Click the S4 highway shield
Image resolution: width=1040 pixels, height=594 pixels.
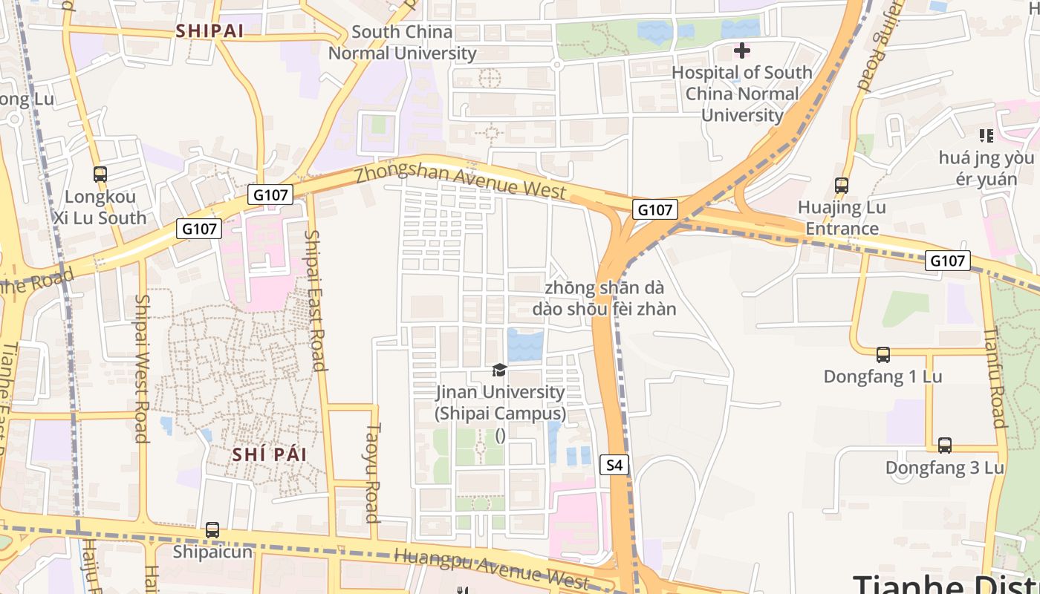tap(614, 466)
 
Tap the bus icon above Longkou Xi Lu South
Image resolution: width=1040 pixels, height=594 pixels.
tap(100, 174)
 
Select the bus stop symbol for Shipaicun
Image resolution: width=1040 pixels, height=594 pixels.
tap(212, 530)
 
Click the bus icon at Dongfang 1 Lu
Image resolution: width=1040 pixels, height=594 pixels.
tap(883, 355)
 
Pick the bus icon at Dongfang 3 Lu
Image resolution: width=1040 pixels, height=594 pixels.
tap(944, 446)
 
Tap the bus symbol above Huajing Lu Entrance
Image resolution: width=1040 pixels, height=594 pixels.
tap(842, 186)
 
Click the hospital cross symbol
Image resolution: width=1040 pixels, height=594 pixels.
tap(741, 50)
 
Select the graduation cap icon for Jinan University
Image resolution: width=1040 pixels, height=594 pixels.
tap(500, 370)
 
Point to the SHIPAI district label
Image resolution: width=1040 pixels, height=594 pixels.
tap(209, 31)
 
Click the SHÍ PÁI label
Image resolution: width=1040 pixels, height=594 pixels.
tap(269, 454)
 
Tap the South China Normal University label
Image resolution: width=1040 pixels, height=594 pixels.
tap(402, 42)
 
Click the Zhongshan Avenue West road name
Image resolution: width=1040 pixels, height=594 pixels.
tap(461, 182)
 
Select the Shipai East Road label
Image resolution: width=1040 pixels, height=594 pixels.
tap(316, 300)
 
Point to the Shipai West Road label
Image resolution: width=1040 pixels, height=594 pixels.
tap(141, 368)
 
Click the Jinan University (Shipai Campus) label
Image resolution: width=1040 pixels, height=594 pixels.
tap(500, 402)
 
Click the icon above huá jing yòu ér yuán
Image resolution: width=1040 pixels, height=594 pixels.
tap(986, 135)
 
